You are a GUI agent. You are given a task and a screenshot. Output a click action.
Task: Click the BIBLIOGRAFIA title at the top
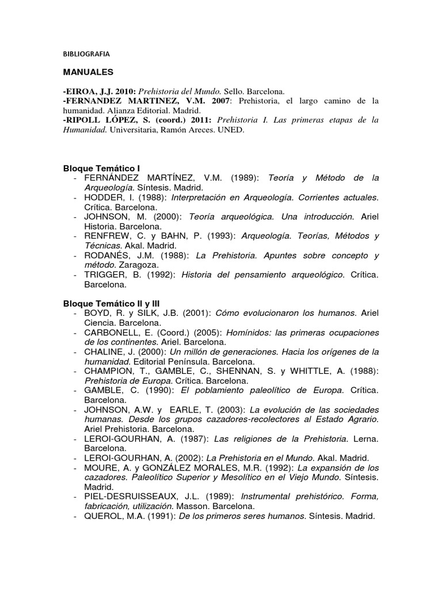(x=86, y=53)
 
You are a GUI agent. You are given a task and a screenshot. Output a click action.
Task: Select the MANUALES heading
(x=88, y=72)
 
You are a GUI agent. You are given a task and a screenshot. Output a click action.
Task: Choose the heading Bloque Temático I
(x=105, y=169)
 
